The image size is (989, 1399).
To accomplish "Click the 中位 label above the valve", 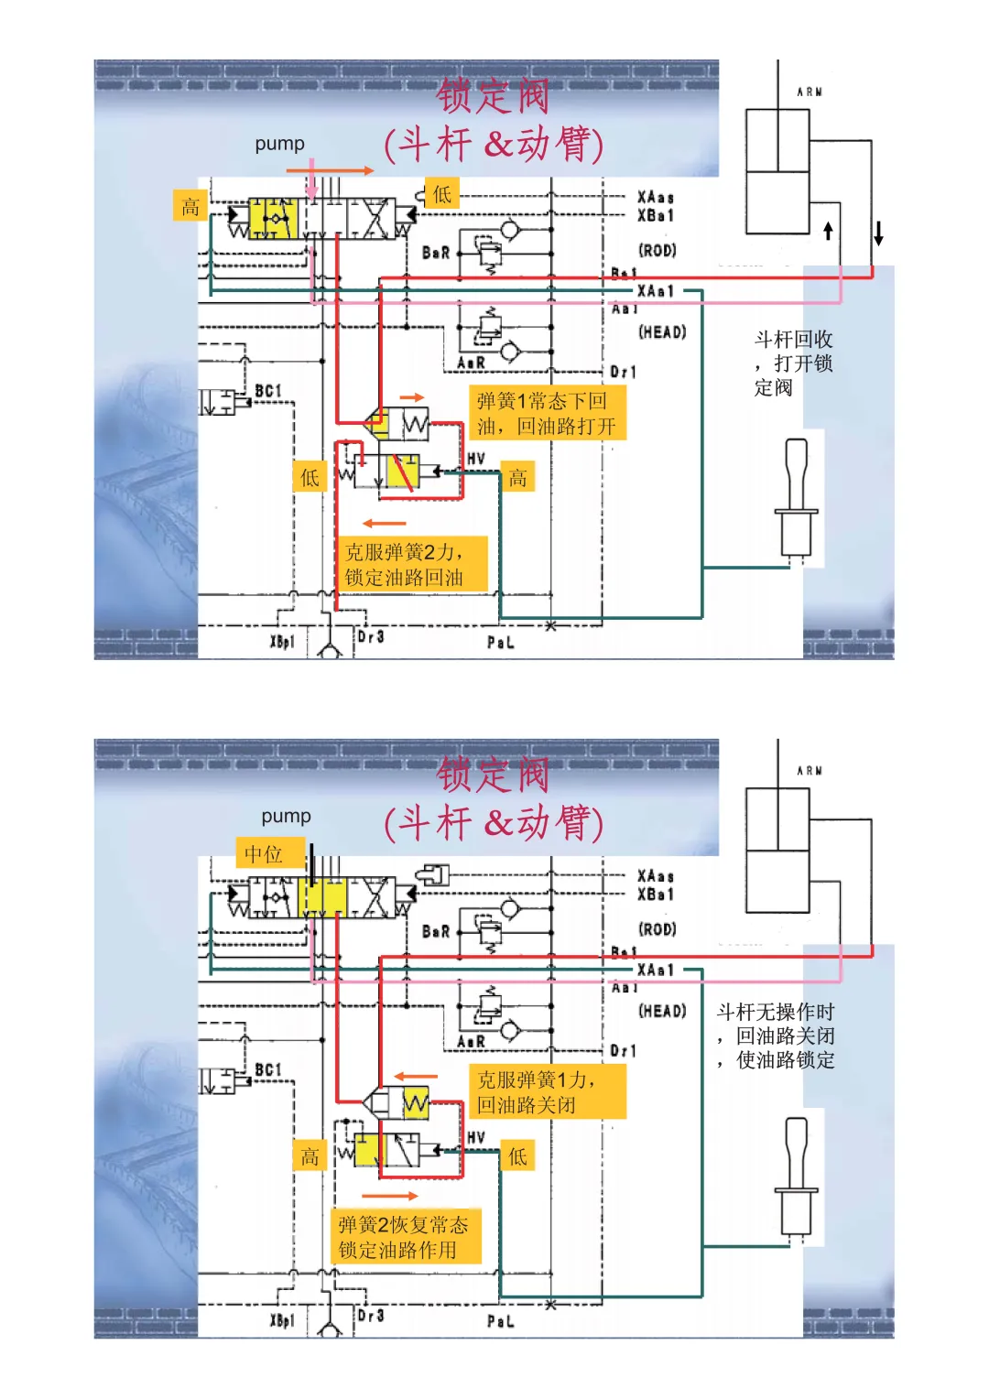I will (x=264, y=854).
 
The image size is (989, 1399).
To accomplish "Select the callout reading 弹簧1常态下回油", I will (x=547, y=413).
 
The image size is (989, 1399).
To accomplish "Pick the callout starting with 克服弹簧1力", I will (x=547, y=1091).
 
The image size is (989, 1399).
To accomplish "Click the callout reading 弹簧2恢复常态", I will (x=404, y=1237).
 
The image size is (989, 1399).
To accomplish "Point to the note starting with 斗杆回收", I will (x=793, y=363).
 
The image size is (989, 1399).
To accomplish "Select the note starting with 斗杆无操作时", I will (x=776, y=1036).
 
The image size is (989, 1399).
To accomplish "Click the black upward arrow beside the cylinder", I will (x=829, y=230).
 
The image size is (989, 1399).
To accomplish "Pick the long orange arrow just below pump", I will (x=330, y=170).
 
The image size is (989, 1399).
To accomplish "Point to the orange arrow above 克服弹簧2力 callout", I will (x=384, y=524).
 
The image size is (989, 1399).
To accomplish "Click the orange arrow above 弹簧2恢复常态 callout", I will (x=389, y=1196).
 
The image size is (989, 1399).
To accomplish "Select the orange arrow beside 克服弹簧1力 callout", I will (x=416, y=1077).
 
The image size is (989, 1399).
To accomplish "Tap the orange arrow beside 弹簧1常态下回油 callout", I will (x=413, y=397).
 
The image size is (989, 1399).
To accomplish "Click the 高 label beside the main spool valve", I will (x=190, y=206).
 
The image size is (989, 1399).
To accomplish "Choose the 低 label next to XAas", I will (x=441, y=194).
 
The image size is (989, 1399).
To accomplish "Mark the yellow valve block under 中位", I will (x=323, y=896).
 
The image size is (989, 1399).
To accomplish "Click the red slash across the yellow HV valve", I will (x=403, y=473).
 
